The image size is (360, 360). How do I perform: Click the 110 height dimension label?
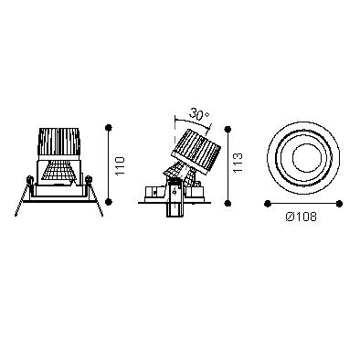coord(121,165)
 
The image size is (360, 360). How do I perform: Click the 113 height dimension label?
coord(238,163)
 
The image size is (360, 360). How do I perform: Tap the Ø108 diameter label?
coord(302,217)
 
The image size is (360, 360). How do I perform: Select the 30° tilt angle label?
coord(199,114)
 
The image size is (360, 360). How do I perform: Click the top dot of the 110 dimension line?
coord(109,128)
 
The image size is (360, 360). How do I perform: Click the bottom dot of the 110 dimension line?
coord(109,201)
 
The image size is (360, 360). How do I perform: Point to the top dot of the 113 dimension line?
coord(228,130)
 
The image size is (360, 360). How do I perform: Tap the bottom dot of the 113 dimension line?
coord(228,203)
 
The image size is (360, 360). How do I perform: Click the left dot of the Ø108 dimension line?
coord(268,204)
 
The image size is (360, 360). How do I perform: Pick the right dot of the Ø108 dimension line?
coord(340,204)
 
